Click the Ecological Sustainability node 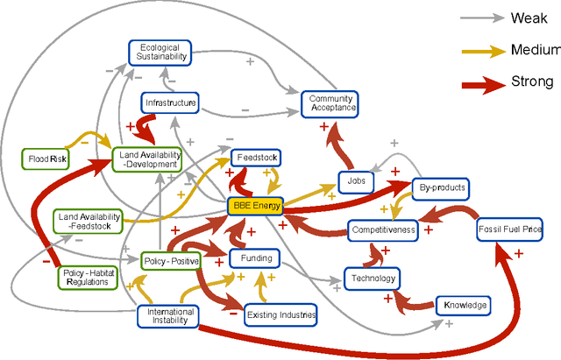coord(159,52)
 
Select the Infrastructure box coord(170,103)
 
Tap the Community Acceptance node coord(330,104)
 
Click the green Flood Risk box coord(46,159)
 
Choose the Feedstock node coord(257,159)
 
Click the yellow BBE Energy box coord(254,207)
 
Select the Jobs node coord(356,181)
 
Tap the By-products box coord(440,187)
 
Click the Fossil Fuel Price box coord(510,230)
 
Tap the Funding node coord(256,258)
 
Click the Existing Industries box coord(280,314)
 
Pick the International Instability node coord(171,316)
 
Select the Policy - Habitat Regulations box coord(86,277)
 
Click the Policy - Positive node coord(171,261)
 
